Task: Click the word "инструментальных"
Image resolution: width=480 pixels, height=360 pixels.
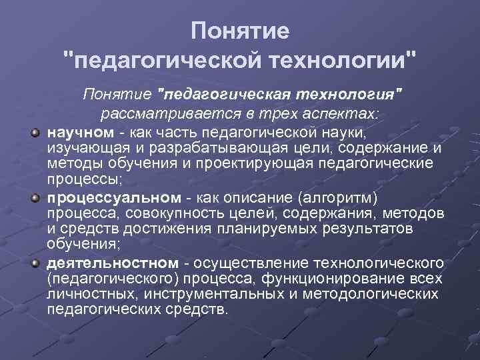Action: tap(216, 294)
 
